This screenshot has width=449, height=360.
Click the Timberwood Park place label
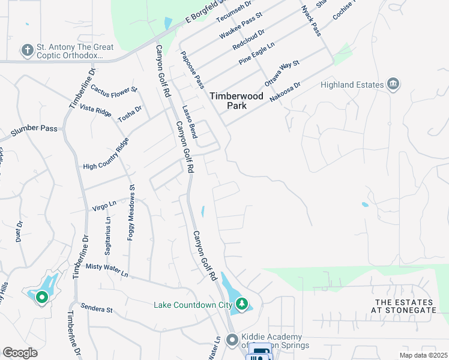coord(228,100)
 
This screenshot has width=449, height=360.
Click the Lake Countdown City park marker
coord(241,304)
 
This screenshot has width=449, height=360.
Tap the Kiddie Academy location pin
coord(232,340)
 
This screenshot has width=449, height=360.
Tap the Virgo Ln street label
coord(104,206)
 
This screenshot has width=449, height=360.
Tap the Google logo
coord(20,353)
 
